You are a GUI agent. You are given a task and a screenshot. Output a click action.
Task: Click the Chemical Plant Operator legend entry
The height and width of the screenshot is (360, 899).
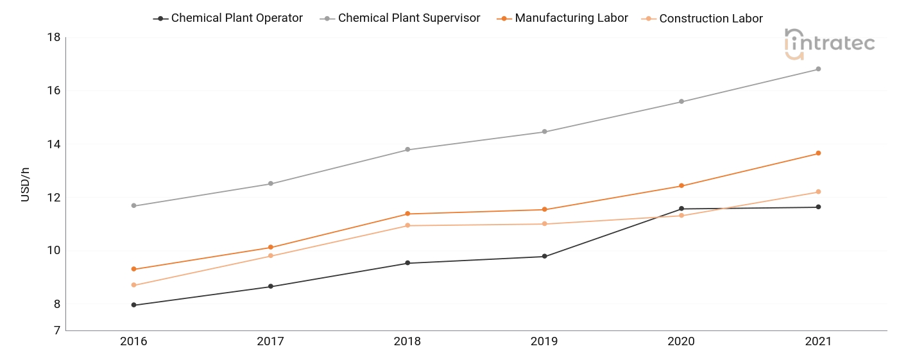pos(228,18)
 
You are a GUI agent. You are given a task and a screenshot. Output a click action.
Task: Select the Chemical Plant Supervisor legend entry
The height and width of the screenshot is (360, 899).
pos(400,18)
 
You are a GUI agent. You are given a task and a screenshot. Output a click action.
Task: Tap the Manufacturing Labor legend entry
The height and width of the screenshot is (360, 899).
pos(562,18)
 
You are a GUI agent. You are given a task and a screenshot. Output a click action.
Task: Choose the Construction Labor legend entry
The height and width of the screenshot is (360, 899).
pos(702,19)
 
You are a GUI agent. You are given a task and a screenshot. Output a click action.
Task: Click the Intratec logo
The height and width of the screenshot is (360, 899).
pos(830,44)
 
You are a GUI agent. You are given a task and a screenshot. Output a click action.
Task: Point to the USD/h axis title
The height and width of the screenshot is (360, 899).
pos(25,184)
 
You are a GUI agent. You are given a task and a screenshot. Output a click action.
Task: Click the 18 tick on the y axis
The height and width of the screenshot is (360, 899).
pos(54,37)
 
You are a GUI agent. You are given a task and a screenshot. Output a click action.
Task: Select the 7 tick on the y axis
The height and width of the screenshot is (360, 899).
pos(57,330)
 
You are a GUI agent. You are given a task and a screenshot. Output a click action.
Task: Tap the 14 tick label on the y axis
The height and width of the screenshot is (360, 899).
pos(54,144)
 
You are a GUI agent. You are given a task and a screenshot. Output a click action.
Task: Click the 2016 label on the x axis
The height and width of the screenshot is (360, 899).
pos(133,341)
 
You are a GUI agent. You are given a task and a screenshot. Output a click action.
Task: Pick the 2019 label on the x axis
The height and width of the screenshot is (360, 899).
pos(544,341)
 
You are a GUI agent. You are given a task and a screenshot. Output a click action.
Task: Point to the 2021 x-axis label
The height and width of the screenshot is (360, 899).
pos(818,341)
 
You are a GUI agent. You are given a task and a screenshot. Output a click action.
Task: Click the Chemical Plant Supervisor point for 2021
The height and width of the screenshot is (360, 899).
pos(818,69)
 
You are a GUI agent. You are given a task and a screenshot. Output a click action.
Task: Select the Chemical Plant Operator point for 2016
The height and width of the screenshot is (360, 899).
pos(133,305)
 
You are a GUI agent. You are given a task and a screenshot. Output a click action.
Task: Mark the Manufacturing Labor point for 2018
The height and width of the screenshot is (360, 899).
pos(407,214)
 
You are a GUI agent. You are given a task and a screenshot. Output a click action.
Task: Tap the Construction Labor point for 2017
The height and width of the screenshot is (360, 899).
pos(271,255)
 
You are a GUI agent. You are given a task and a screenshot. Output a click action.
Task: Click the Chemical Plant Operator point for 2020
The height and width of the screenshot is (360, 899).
pos(681,209)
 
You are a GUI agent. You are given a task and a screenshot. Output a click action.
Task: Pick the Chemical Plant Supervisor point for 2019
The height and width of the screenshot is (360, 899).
pos(544,132)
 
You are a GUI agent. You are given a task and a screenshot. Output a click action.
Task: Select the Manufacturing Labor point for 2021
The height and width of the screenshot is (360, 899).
pos(818,153)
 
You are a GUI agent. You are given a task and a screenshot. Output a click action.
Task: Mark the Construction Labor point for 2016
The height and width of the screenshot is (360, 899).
pos(133,285)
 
